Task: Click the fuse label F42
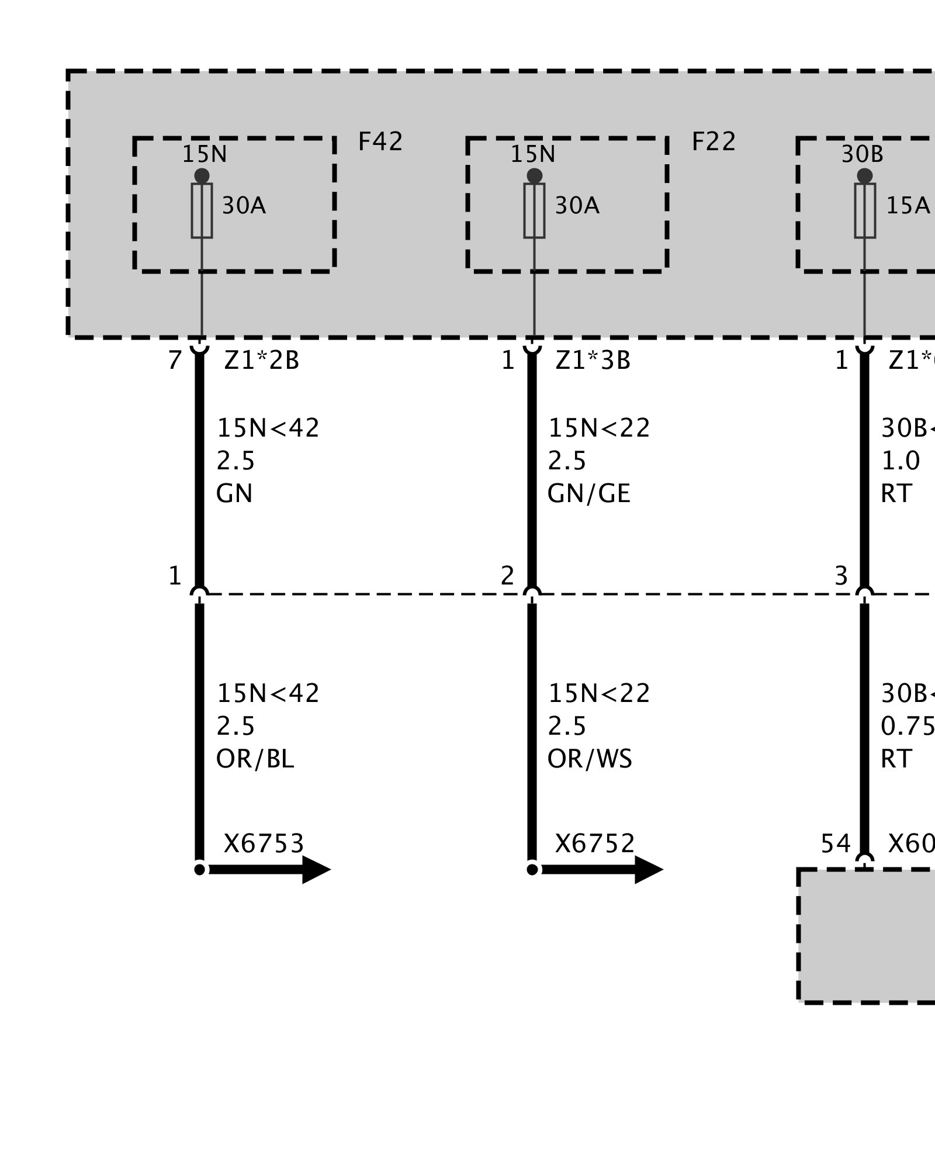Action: point(380,142)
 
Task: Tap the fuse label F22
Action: point(714,142)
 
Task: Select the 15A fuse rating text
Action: point(908,206)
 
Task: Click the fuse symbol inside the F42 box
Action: point(202,210)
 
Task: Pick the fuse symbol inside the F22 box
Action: point(534,210)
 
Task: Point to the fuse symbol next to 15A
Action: point(865,210)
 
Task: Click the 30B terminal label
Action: point(862,154)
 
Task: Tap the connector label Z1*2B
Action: point(261,361)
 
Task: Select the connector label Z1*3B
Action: point(593,361)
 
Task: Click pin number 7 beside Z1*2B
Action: point(174,361)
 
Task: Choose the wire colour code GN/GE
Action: point(588,494)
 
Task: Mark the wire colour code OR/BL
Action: point(255,759)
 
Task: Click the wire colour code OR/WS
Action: point(589,759)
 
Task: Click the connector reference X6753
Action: point(264,843)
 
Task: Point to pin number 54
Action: point(835,843)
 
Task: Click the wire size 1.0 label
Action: point(900,461)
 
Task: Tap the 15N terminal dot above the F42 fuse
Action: point(202,175)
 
